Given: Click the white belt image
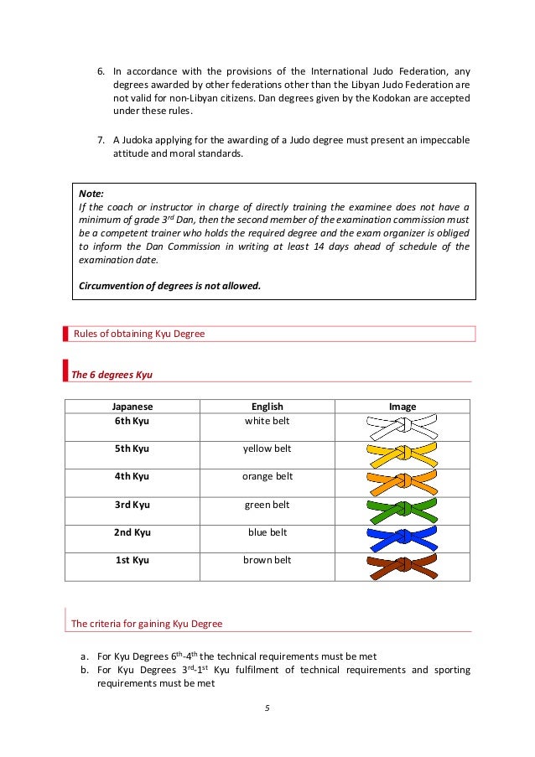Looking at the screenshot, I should point(403,428).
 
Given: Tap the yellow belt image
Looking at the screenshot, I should point(403,455).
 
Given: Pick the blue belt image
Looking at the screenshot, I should point(403,538).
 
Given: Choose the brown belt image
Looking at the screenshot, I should point(403,566).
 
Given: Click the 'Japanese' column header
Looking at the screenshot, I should point(132,407).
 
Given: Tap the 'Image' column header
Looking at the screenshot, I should point(403,407).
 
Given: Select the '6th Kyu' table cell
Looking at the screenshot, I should point(132,421).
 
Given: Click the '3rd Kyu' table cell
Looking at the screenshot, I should point(132,505).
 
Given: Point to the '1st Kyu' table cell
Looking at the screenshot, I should point(132,560).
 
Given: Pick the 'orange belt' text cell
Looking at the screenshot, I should point(267,477).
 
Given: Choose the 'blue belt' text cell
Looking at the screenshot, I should point(267,532).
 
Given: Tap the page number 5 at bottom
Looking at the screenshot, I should point(267,708).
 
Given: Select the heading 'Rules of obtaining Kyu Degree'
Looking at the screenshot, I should point(139,334).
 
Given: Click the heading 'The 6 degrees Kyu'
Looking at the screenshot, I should point(112,374).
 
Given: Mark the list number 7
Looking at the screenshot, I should point(100,139).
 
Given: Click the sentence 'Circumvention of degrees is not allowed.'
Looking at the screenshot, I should point(169,285).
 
